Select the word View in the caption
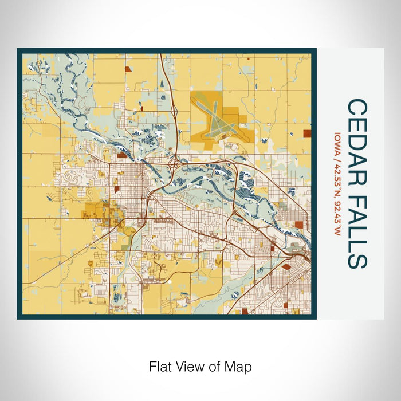pos(186,366)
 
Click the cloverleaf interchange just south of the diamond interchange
pos(172,163)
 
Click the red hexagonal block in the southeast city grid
pos(286,266)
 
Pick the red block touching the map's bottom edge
pos(245,312)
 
